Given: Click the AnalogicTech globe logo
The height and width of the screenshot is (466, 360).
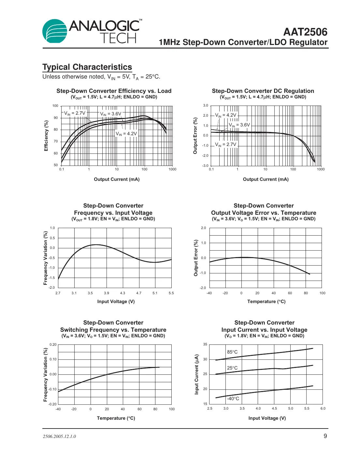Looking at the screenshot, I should click(55, 31).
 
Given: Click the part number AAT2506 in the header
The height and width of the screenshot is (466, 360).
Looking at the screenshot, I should click(305, 32).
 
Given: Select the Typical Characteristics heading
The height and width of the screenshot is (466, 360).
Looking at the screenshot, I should click(87, 67).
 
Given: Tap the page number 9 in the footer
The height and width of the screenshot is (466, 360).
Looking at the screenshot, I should click(325, 436).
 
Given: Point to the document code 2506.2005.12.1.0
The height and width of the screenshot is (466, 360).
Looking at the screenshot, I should click(59, 437).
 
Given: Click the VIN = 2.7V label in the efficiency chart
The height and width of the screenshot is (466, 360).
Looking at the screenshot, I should click(75, 113).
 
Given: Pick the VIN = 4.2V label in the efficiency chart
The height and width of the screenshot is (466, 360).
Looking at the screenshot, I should click(126, 134).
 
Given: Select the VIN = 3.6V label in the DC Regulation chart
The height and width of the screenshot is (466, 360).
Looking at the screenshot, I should click(239, 125).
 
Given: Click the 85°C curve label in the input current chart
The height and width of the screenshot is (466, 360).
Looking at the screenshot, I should click(232, 352).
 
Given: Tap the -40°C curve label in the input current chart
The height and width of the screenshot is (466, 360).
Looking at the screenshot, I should click(233, 399).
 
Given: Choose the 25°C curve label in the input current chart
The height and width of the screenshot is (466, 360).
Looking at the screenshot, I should click(232, 368).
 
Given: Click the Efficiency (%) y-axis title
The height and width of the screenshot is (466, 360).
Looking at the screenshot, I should click(46, 136).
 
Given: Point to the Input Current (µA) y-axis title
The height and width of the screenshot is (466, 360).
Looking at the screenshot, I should click(196, 374).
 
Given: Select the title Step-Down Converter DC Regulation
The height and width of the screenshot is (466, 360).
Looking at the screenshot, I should click(263, 91).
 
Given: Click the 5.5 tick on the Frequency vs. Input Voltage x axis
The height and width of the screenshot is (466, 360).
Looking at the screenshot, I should click(171, 293).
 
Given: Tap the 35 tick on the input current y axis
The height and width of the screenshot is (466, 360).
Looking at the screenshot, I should click(205, 344).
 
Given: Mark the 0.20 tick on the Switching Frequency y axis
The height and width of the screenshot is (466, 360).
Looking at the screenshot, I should click(53, 344).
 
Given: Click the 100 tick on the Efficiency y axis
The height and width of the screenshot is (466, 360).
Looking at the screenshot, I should click(55, 106).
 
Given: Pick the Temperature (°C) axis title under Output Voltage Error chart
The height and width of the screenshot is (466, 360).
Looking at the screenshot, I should click(266, 301).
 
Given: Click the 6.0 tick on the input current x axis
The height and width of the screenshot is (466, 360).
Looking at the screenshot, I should click(323, 408).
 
